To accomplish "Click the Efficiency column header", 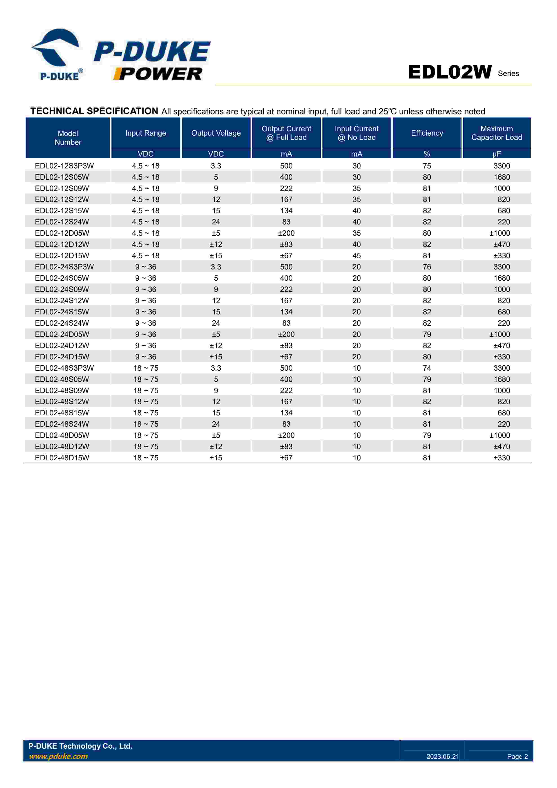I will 427,133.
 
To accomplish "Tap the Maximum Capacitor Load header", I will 496,133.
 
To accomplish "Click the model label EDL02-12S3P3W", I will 64,166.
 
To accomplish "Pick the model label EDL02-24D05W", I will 62,334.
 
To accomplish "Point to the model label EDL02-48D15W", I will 62,458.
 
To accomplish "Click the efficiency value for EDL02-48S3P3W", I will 427,368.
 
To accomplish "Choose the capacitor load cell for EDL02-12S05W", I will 502,177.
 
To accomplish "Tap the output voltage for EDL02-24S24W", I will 216,323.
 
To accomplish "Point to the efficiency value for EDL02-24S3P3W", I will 427,267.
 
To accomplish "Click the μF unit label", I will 496,154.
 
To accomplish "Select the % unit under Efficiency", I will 427,154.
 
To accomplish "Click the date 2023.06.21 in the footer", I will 442,757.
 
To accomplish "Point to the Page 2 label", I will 517,757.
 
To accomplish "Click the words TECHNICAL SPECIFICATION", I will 94,111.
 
